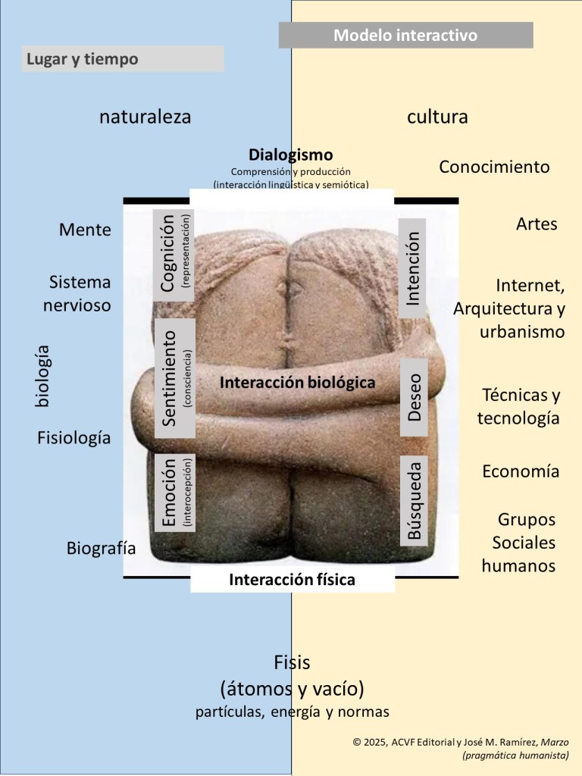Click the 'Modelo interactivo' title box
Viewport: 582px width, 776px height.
405,35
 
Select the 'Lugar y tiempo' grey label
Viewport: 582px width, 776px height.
123,58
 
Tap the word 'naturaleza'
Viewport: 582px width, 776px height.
145,117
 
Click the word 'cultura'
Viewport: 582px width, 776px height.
437,117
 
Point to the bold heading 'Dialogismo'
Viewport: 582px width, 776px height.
290,155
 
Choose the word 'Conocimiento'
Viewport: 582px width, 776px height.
494,167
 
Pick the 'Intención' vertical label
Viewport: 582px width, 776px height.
413,268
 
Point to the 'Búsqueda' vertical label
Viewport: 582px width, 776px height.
414,499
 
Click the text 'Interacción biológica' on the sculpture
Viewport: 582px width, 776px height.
297,383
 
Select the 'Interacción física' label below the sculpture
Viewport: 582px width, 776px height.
292,580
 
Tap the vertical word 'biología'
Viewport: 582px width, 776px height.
42,375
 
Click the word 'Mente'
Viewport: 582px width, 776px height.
85,230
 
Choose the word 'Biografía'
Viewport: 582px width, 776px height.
101,548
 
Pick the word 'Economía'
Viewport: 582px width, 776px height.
521,471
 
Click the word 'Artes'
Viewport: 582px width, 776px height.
537,224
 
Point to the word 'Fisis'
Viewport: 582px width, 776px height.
293,663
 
